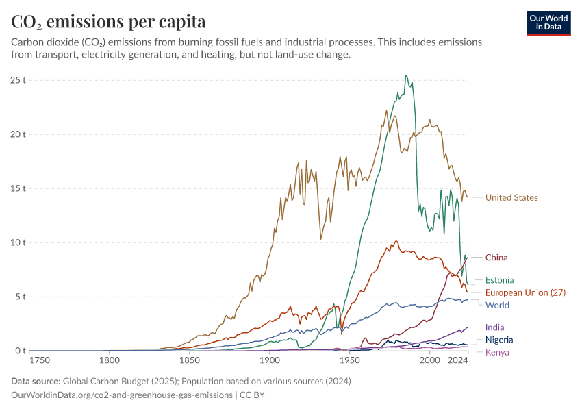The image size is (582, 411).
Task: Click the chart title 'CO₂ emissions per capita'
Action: pos(108,22)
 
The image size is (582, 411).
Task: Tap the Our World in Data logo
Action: pos(548,23)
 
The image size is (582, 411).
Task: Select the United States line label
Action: pos(511,198)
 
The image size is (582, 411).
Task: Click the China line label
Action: pos(496,258)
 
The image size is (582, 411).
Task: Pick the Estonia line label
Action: pos(499,280)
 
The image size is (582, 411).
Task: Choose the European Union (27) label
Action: pos(526,292)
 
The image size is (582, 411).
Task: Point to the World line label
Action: pos(497,305)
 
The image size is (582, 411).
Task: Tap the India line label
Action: pos(494,327)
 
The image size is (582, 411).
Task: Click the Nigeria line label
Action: pos(499,340)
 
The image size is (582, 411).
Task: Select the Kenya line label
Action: pos(497,352)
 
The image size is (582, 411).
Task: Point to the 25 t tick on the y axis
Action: pos(18,80)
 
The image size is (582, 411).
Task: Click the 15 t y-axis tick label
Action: pos(18,188)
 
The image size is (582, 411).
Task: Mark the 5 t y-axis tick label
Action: pos(21,297)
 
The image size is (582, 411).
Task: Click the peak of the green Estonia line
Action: pos(406,75)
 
